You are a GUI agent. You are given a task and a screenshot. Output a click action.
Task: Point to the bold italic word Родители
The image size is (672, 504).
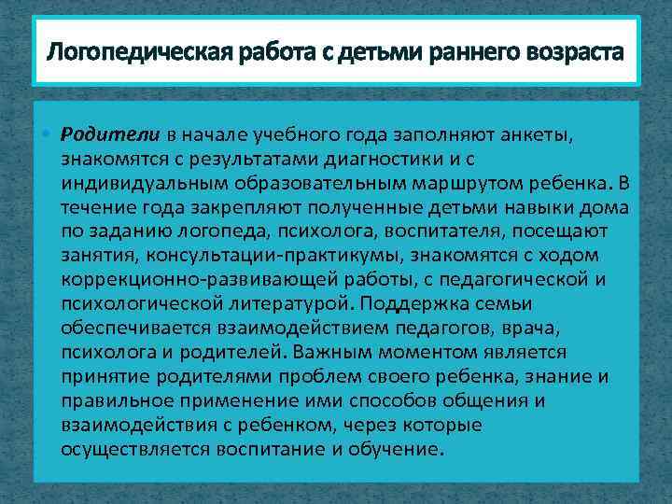(98, 133)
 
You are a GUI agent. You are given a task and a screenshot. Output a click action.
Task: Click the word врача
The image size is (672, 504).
(539, 327)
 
